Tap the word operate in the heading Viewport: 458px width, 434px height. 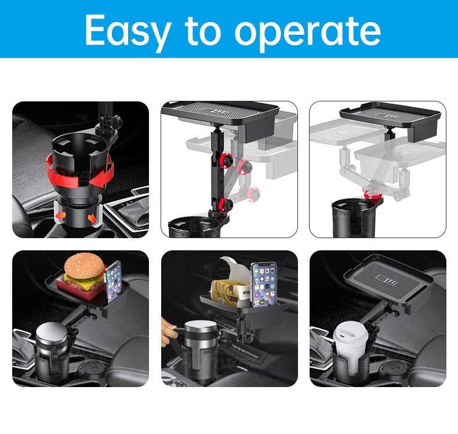(x=308, y=34)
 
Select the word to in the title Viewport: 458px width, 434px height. (x=203, y=30)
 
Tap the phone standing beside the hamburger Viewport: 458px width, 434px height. (x=113, y=282)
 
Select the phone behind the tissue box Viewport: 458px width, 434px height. (x=263, y=285)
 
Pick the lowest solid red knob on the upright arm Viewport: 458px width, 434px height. (x=225, y=203)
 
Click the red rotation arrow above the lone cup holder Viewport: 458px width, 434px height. (x=372, y=195)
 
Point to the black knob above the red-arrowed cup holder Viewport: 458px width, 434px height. (x=117, y=121)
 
